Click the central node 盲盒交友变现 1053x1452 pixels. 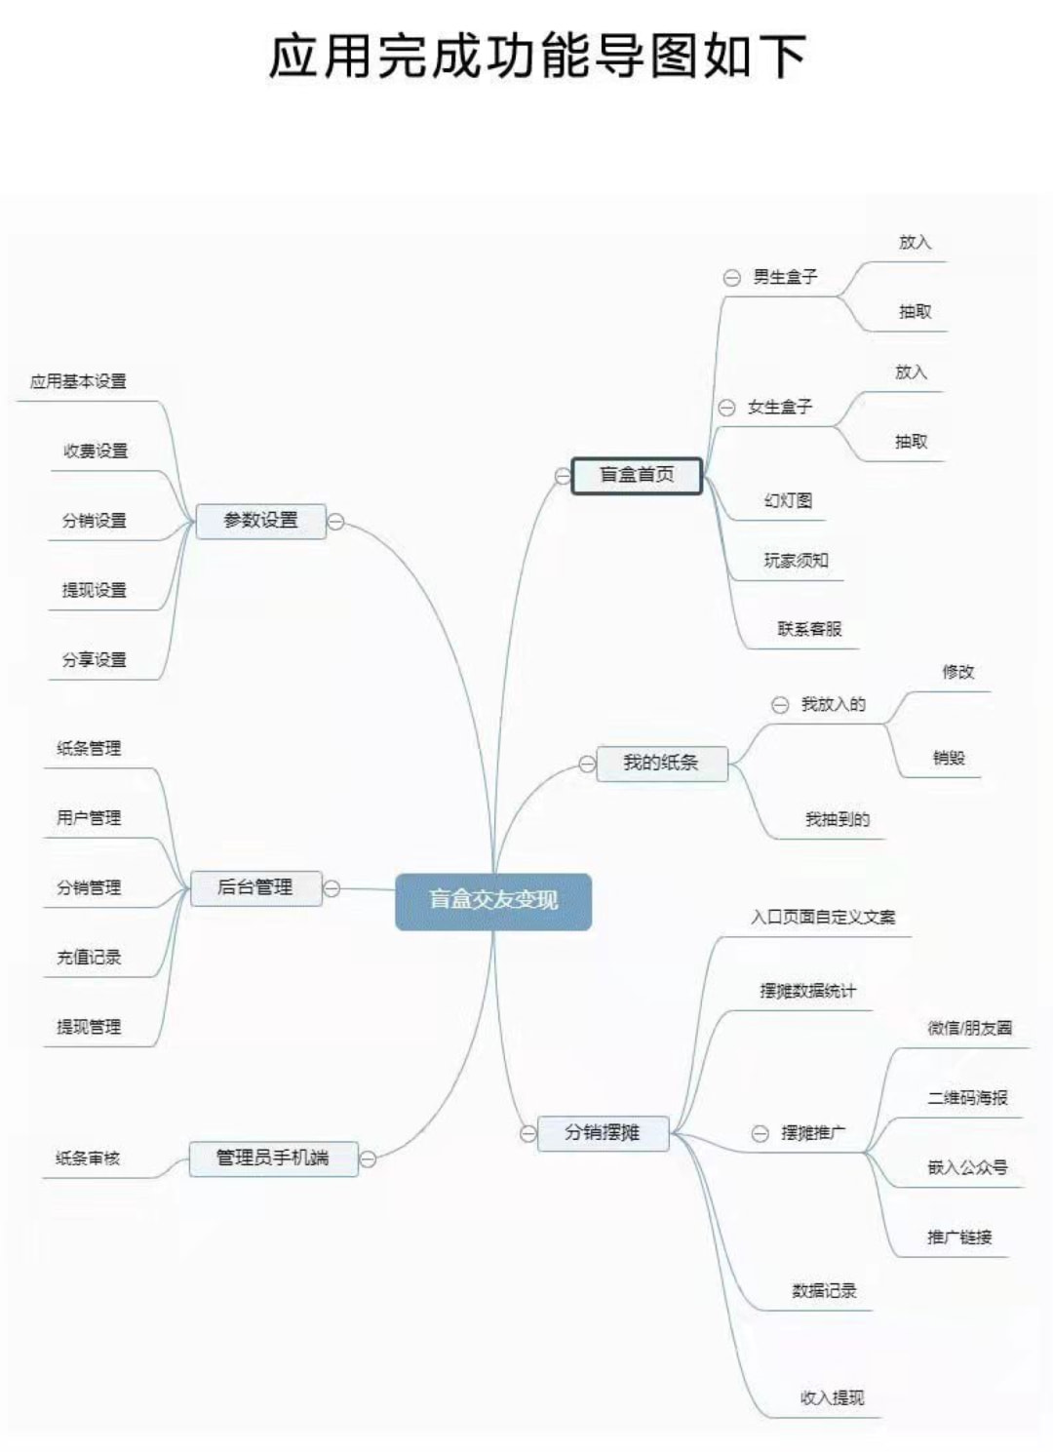tap(493, 900)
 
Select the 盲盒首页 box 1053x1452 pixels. tap(637, 475)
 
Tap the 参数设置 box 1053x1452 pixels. tap(260, 521)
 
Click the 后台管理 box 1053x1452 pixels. tap(255, 887)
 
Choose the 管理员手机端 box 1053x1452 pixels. tap(273, 1158)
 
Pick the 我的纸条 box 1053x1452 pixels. tap(661, 763)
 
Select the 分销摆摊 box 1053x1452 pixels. tap(603, 1132)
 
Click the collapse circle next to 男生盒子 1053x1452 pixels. tap(731, 278)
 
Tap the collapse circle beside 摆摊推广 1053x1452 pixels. tap(760, 1133)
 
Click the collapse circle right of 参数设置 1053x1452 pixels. tap(335, 522)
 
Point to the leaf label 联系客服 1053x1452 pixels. tap(809, 629)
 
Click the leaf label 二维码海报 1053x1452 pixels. tap(967, 1098)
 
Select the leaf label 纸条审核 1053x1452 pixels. tap(88, 1158)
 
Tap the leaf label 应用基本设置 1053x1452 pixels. tap(78, 381)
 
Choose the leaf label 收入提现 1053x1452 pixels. tap(832, 1397)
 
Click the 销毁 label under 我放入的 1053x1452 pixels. tap(949, 758)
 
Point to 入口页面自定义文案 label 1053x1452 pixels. tap(823, 917)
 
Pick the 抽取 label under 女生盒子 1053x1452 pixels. tap(911, 442)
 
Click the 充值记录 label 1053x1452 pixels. tap(89, 957)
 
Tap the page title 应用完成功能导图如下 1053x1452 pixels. tap(537, 56)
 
